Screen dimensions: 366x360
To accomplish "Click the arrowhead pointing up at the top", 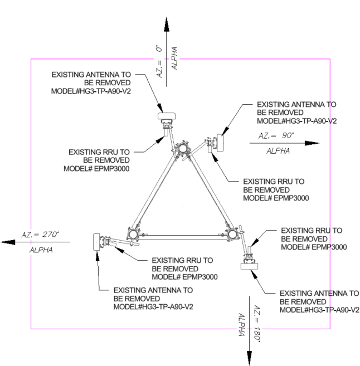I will [166, 26].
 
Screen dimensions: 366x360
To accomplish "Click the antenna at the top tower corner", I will [167, 117].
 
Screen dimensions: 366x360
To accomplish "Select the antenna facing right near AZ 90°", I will [220, 143].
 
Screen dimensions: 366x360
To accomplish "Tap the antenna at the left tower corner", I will [95, 242].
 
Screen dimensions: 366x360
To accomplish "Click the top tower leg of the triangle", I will [183, 149].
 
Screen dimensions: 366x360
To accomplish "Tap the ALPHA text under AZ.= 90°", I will [279, 151].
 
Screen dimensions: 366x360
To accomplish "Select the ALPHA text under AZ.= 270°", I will [41, 250].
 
